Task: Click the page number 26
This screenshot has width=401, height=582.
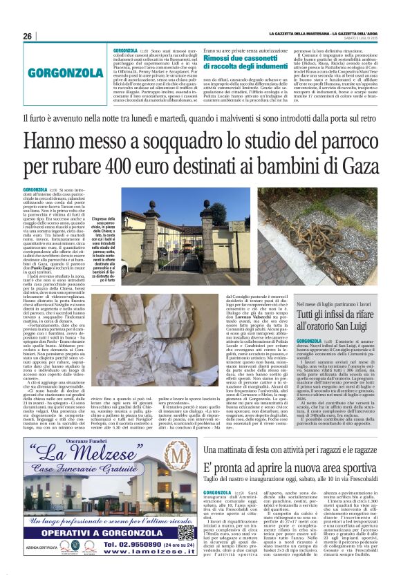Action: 28,37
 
